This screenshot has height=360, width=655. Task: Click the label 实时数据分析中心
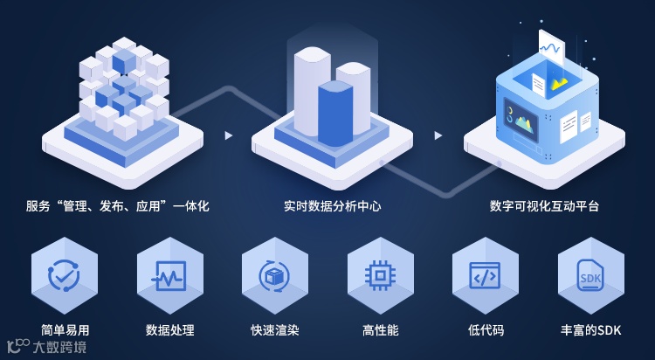point(332,207)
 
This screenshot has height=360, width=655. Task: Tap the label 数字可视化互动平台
point(544,207)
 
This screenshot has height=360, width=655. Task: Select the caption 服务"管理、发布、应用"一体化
point(118,207)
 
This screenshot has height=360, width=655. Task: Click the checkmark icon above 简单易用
point(65,275)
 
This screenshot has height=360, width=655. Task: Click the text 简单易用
point(65,330)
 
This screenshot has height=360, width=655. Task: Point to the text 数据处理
point(169,330)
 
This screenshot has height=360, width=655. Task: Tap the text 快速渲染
point(274,330)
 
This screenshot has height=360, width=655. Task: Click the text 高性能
point(380,330)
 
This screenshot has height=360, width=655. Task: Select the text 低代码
point(486,330)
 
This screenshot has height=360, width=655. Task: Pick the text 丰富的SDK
point(591,330)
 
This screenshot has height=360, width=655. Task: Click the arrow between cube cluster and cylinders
point(229,135)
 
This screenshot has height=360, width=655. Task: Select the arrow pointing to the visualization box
point(438,135)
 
